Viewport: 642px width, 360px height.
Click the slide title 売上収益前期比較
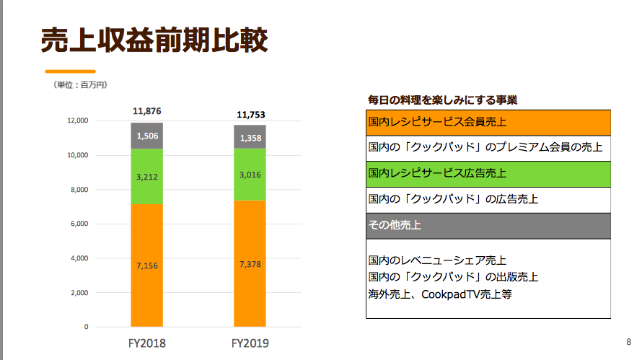[x=154, y=40]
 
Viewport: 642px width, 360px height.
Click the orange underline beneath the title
[x=70, y=71]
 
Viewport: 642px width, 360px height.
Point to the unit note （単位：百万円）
[x=81, y=85]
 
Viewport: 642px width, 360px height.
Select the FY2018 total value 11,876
[x=147, y=111]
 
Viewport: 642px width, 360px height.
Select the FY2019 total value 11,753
[x=250, y=114]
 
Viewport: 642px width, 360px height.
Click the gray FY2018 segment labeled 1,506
[x=147, y=136]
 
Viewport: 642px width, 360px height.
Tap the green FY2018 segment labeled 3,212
[x=147, y=176]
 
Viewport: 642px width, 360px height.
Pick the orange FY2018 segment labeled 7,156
[x=147, y=265]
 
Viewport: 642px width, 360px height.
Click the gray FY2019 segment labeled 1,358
[x=250, y=137]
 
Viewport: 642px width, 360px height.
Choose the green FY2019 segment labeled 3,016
[x=250, y=174]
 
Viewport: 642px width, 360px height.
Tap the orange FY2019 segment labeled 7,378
[x=250, y=264]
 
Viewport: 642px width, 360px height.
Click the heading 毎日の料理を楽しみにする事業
[x=442, y=100]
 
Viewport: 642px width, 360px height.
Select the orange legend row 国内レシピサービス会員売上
[x=488, y=123]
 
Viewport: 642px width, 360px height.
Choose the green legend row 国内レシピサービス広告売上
[x=488, y=173]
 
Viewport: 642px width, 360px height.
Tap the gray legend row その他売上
[x=488, y=225]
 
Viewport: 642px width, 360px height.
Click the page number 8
[x=628, y=341]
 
